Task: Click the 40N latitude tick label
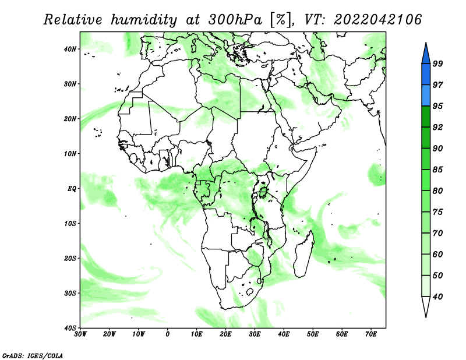[x=70, y=49]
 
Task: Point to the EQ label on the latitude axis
[x=72, y=189]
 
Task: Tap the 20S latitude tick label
[x=70, y=258]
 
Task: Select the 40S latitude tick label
[x=70, y=327]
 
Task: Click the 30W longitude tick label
[x=80, y=334]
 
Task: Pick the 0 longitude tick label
[x=168, y=334]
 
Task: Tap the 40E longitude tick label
[x=284, y=334]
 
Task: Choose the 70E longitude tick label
[x=371, y=334]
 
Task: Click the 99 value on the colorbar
[x=437, y=63]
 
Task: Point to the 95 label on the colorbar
[x=437, y=106]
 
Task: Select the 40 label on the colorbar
[x=437, y=297]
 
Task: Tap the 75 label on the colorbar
[x=437, y=211]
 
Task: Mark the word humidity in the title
[x=144, y=20]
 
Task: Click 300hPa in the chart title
[x=235, y=20]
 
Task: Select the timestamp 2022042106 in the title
[x=377, y=20]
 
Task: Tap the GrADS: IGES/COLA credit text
[x=33, y=355]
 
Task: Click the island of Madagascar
[x=303, y=255]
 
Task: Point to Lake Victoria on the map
[x=263, y=193]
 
